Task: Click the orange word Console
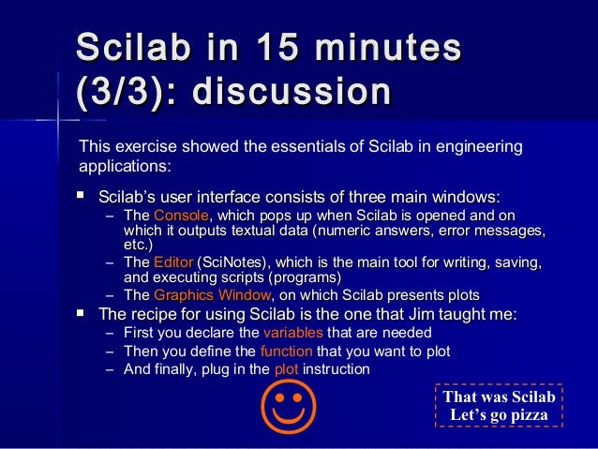[174, 217]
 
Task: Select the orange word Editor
[172, 262]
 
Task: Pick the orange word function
[286, 352]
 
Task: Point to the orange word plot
[285, 369]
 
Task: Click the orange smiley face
[288, 407]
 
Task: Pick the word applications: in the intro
[124, 167]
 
